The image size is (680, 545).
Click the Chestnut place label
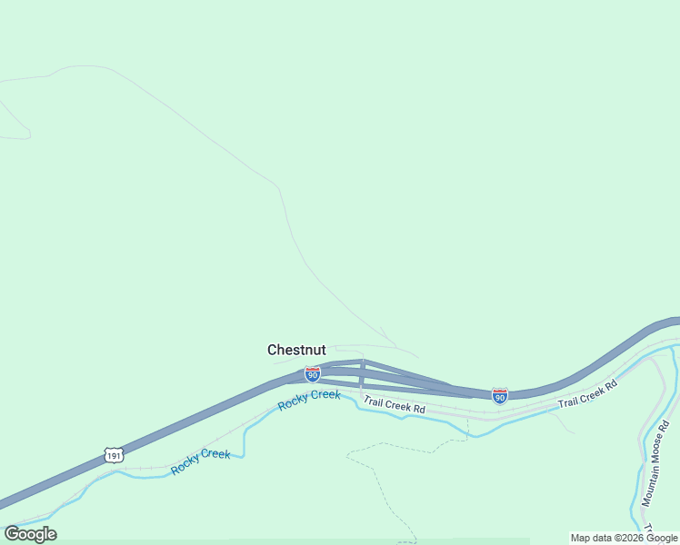[x=296, y=350]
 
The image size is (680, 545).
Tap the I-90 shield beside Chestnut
[x=312, y=373]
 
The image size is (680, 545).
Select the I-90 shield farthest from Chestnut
[x=499, y=395]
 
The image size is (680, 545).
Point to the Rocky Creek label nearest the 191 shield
[x=201, y=461]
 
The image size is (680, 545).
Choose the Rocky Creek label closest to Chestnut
[x=309, y=400]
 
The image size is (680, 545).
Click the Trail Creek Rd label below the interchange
[x=395, y=405]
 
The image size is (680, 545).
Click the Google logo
[x=30, y=534]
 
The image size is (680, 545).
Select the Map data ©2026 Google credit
[x=625, y=538]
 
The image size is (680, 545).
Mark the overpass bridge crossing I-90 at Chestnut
[x=362, y=373]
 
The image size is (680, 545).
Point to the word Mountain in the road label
[x=648, y=489]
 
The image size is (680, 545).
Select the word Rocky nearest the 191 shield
[x=185, y=465]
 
